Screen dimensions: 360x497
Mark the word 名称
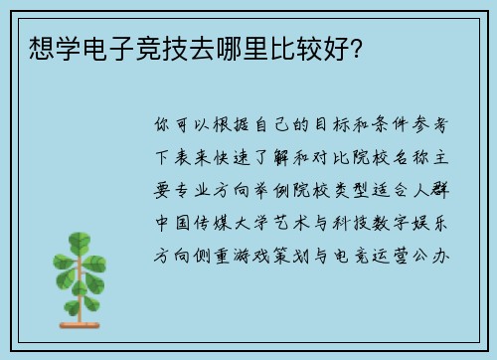(421, 158)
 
